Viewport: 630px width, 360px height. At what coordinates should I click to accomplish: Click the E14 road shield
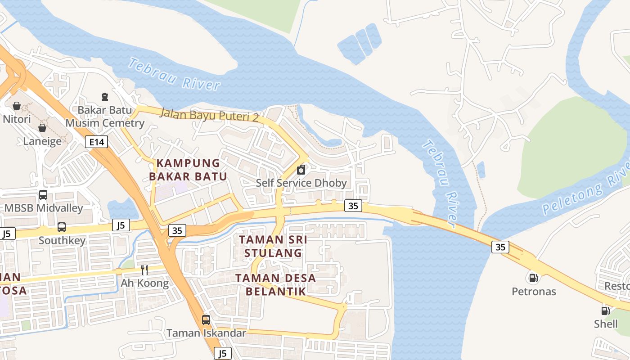[x=97, y=142]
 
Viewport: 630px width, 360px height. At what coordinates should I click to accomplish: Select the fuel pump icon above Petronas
[x=533, y=278]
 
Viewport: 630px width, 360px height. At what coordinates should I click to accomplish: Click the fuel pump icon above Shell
[x=606, y=310]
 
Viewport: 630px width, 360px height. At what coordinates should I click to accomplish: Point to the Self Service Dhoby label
[x=301, y=183]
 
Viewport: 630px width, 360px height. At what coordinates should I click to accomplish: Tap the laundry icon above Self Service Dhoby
[x=301, y=170]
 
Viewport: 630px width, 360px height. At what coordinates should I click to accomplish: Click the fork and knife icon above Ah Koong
[x=144, y=270]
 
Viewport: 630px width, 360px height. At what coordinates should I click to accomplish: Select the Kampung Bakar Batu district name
[x=188, y=170]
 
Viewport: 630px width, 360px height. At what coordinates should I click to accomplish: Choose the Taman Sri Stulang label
[x=273, y=246]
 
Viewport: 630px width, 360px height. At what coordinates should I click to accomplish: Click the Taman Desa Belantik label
[x=275, y=284]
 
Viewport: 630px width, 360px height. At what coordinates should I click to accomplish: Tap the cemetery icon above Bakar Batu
[x=105, y=96]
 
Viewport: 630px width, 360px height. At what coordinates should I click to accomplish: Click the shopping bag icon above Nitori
[x=17, y=106]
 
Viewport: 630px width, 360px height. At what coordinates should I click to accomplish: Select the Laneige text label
[x=42, y=141]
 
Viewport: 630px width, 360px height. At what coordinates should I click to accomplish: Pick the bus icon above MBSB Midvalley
[x=43, y=195]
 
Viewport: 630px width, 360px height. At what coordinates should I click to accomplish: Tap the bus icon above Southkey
[x=62, y=227]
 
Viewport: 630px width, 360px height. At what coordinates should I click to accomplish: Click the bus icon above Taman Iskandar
[x=206, y=320]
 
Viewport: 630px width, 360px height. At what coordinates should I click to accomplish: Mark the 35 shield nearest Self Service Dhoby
[x=353, y=206]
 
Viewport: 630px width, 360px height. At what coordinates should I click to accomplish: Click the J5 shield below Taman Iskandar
[x=223, y=353]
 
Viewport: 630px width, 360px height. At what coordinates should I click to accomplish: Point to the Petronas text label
[x=534, y=292]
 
